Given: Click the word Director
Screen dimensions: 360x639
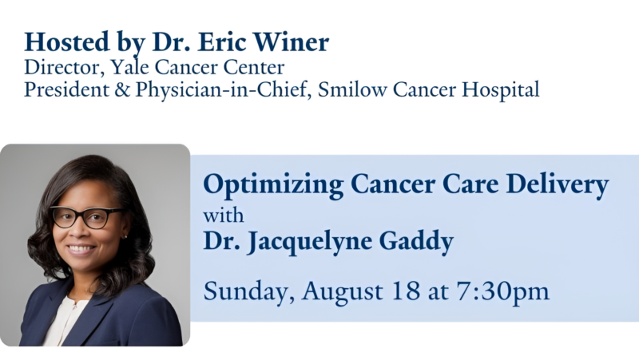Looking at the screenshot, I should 57,68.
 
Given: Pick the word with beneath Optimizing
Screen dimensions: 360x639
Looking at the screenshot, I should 223,215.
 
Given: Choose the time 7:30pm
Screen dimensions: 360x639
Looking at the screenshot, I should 502,291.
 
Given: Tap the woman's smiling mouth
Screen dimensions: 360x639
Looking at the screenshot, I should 82,249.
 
